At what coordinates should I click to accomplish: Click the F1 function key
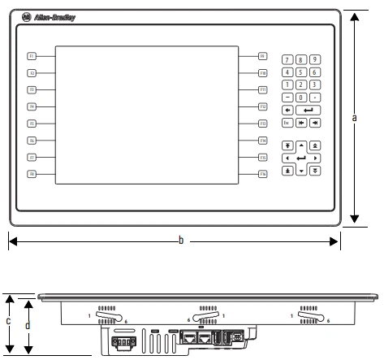[x=32, y=56]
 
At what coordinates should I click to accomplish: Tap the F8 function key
[x=32, y=174]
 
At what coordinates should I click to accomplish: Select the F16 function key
[x=263, y=174]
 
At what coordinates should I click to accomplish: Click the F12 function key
[x=263, y=106]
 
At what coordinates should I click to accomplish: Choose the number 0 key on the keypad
[x=300, y=96]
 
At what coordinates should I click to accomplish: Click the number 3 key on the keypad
[x=314, y=84]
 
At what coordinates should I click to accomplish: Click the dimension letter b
[x=181, y=241]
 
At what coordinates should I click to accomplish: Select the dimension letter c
[x=8, y=321]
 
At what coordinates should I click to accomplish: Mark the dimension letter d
[x=28, y=325]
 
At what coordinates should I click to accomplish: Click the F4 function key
[x=32, y=106]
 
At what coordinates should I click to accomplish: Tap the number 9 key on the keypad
[x=314, y=60]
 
